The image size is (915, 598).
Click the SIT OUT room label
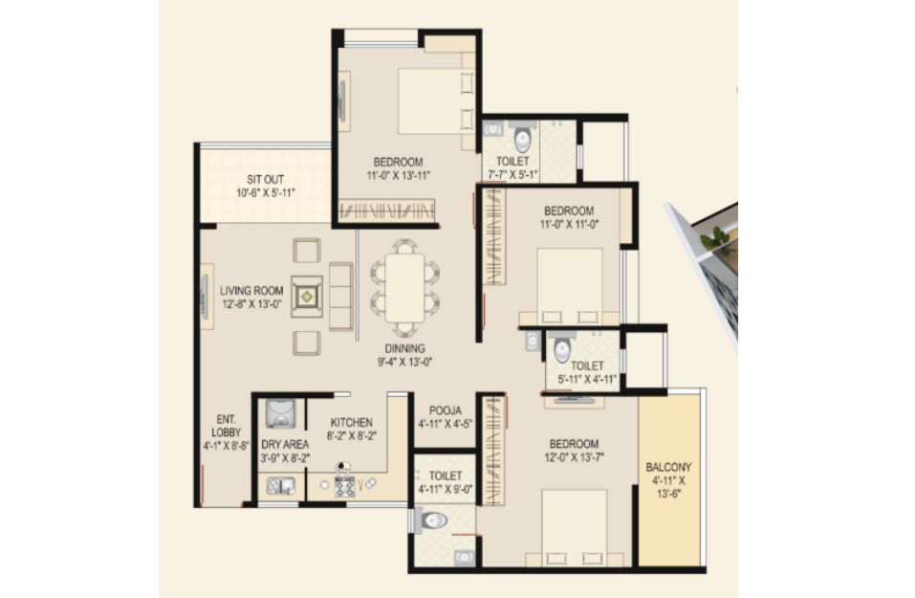[266, 179]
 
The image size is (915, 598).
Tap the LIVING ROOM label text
[251, 290]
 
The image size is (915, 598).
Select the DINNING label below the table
[404, 348]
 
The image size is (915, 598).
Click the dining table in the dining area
[404, 287]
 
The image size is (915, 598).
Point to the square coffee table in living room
[307, 297]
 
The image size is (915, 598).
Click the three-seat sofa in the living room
[340, 297]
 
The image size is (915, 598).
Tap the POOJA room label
[446, 410]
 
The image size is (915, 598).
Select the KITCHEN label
[351, 422]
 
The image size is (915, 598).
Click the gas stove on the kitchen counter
[344, 486]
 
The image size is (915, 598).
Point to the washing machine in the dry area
[280, 413]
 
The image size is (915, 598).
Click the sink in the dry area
[281, 486]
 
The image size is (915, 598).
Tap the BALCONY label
[668, 467]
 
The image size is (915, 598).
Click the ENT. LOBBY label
[226, 426]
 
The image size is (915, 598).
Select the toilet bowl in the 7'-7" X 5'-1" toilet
[522, 138]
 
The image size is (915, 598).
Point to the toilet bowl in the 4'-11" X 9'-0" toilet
[432, 520]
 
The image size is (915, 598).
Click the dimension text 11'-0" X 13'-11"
[399, 174]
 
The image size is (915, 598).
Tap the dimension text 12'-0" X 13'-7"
[574, 457]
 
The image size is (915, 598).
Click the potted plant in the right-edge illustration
[715, 238]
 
